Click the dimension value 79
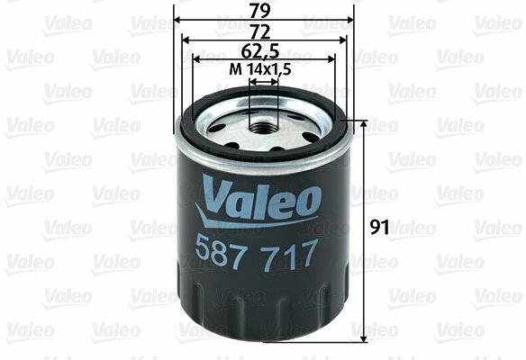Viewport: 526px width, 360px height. pyautogui.click(x=260, y=11)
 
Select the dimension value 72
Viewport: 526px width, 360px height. pyautogui.click(x=260, y=32)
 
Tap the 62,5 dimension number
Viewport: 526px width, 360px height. pyautogui.click(x=260, y=51)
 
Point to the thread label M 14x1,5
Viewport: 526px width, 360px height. pyautogui.click(x=260, y=69)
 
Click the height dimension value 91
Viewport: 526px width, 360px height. pyautogui.click(x=380, y=228)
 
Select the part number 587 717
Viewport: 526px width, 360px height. pyautogui.click(x=256, y=254)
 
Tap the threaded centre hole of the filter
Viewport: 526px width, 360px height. pyautogui.click(x=264, y=128)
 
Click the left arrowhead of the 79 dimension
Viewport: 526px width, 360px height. pyautogui.click(x=178, y=20)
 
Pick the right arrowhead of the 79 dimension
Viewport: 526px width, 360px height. pyautogui.click(x=349, y=20)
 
